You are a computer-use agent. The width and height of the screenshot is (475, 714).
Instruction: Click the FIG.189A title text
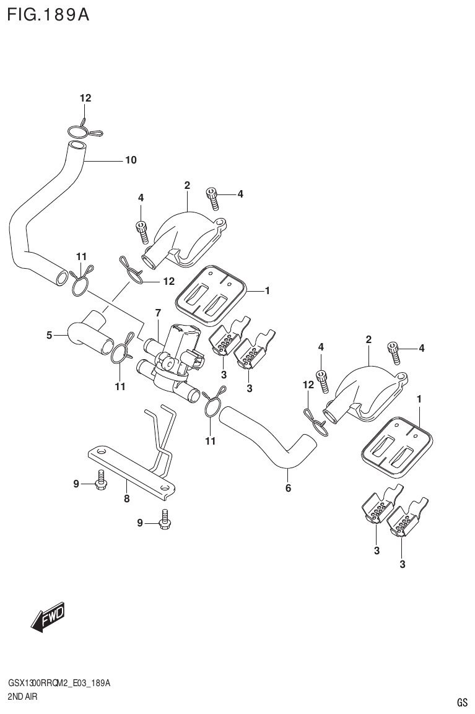pos(48,15)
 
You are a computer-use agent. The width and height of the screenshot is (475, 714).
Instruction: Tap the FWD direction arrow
pos(47,618)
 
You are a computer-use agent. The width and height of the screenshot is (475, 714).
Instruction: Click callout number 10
pos(131,160)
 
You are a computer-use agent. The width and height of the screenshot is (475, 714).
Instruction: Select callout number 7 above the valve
pos(158,313)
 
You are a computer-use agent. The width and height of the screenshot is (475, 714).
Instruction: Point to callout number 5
pos(49,336)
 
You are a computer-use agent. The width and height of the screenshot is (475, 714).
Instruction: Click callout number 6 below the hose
pos(288,488)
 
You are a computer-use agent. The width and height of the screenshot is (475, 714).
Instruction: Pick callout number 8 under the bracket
pos(126,497)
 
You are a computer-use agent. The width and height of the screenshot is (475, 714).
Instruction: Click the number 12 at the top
pos(85,98)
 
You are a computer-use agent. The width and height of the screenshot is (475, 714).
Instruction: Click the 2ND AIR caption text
pos(24,696)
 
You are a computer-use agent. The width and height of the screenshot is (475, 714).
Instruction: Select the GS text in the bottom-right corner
pos(461,702)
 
